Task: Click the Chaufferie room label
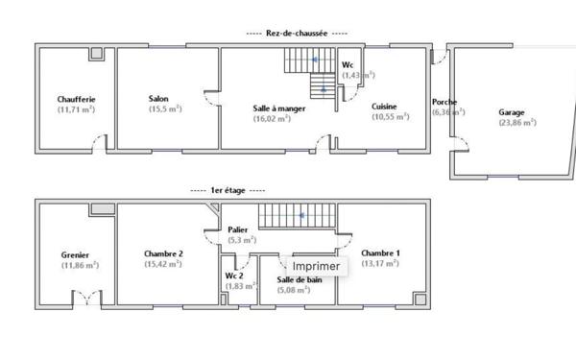(x=76, y=98)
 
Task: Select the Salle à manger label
(x=279, y=108)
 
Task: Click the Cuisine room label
(x=384, y=106)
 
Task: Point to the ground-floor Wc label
(x=348, y=64)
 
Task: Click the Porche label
(x=444, y=102)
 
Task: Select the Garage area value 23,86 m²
(x=516, y=123)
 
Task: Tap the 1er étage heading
(x=229, y=191)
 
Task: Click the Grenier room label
(x=75, y=254)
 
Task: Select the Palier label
(x=238, y=230)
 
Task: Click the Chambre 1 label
(x=380, y=252)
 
